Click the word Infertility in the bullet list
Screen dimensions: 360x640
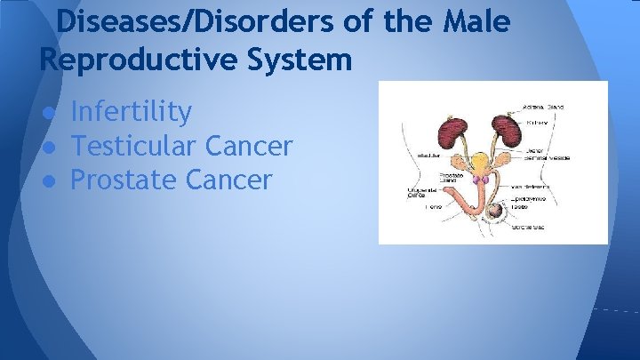coord(131,112)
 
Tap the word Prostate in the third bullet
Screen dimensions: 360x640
coord(124,180)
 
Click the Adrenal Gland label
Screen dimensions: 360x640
coord(544,107)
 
